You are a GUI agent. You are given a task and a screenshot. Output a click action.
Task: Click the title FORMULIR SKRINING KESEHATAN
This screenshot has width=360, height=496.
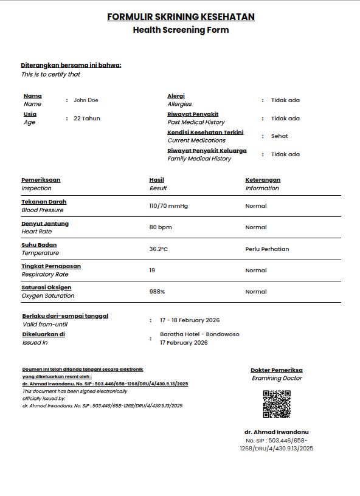click(x=181, y=17)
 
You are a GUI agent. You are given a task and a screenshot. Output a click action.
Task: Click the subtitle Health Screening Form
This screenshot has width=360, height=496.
click(x=181, y=30)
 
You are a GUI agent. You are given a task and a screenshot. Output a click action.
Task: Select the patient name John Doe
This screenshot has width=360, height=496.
click(x=86, y=100)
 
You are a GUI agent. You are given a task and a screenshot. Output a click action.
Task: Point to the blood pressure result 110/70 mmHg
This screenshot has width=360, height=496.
click(x=168, y=206)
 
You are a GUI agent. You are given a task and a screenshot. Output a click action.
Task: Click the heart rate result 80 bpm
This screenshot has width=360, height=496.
click(x=161, y=227)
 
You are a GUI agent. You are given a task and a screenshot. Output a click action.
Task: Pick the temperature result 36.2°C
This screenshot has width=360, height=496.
click(x=159, y=249)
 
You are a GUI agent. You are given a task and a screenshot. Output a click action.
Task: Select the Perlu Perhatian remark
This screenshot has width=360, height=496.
click(x=267, y=249)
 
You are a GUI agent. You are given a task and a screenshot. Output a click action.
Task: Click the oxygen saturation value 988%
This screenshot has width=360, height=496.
click(x=157, y=292)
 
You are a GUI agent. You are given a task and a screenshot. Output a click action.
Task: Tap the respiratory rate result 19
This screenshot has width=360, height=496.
click(x=153, y=270)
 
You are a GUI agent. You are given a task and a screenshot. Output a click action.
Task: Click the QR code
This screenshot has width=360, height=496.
click(x=276, y=404)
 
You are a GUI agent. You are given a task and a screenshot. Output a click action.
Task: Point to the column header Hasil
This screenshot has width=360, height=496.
click(x=157, y=180)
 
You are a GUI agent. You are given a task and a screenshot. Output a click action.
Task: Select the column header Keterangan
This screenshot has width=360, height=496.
click(x=263, y=180)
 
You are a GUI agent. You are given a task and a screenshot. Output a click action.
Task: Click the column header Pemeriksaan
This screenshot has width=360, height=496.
click(x=41, y=180)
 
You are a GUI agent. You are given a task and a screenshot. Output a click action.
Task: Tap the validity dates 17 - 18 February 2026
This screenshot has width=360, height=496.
click(x=190, y=320)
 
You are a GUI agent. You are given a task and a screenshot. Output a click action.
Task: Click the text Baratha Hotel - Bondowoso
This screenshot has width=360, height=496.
click(x=199, y=334)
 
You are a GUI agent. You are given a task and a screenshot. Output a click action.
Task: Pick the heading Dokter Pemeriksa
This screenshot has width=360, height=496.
click(x=276, y=370)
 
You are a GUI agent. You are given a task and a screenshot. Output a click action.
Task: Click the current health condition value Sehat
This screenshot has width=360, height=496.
click(x=280, y=136)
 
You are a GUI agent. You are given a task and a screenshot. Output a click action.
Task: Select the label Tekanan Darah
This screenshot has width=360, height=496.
click(x=44, y=202)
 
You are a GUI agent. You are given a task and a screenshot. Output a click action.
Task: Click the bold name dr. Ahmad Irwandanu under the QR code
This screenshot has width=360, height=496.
click(x=276, y=432)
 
